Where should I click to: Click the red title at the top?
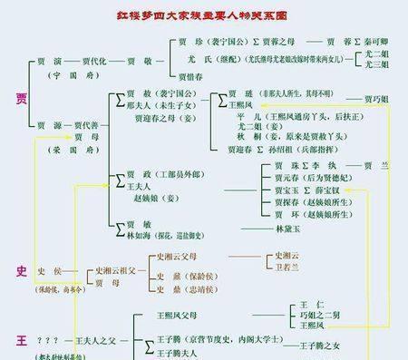pyautogui.click(x=203, y=15)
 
